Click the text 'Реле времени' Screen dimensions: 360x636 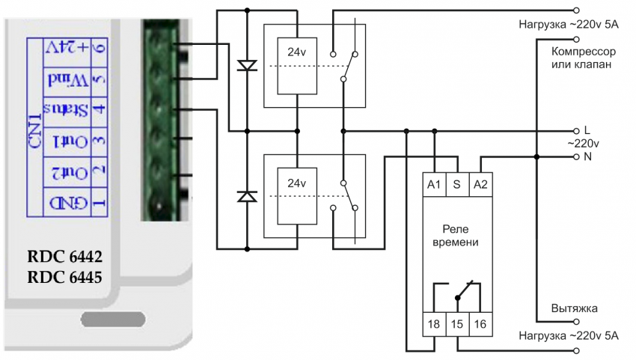coord(457,236)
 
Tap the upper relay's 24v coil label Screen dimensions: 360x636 coord(297,52)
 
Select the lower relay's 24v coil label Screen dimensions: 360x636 coord(297,183)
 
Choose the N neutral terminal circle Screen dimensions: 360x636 coord(575,157)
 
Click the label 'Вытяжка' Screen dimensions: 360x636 coord(574,308)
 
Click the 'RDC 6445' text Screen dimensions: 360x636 coord(64,277)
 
